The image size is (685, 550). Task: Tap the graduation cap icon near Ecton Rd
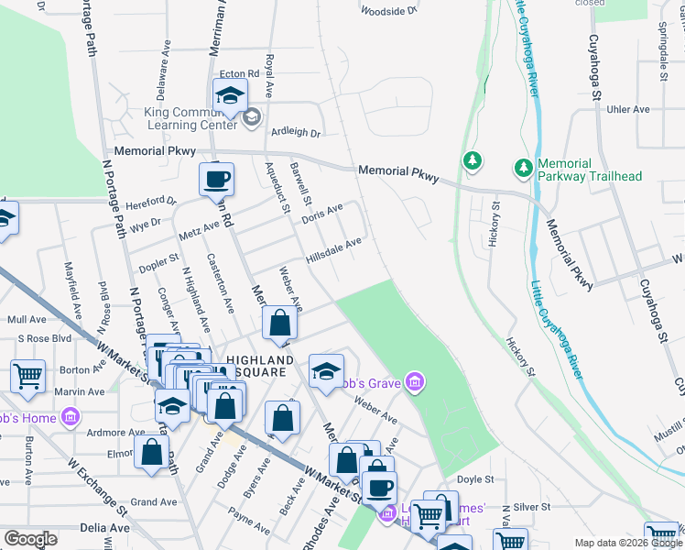click(230, 95)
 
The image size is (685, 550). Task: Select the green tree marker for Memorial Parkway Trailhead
click(524, 169)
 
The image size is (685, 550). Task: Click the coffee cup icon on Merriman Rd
click(217, 179)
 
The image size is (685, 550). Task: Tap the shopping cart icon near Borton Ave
click(27, 375)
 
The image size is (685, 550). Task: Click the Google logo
click(30, 539)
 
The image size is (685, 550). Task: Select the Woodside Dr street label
click(388, 11)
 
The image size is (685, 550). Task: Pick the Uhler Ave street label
click(628, 110)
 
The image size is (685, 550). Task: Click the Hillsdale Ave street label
click(335, 250)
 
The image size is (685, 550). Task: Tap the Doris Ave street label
click(321, 212)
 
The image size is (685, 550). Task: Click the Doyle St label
click(474, 479)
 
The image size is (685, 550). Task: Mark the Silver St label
click(530, 507)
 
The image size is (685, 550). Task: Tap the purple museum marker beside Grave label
click(416, 382)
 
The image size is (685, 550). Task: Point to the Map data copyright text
click(626, 542)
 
